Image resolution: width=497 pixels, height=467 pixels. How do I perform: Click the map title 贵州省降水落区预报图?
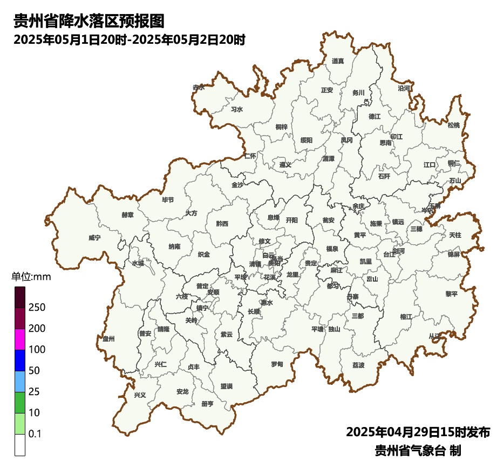[88, 22]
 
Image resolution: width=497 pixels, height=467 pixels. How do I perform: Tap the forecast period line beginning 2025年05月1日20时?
[130, 39]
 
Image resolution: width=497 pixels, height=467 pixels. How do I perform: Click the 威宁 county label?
[94, 237]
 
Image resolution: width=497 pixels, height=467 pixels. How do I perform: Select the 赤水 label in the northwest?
[199, 87]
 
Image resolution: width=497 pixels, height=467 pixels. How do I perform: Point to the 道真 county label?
[338, 61]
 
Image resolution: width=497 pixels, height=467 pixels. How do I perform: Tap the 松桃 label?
[454, 125]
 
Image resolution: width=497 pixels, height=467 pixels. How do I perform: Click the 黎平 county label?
[451, 293]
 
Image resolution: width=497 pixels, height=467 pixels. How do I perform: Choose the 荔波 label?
[358, 365]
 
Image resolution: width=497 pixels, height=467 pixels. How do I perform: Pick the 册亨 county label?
[207, 403]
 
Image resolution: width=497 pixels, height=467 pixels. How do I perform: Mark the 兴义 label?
[140, 395]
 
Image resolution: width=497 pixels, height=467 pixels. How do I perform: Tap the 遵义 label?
[285, 165]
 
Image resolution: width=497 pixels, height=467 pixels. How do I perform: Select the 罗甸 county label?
[277, 364]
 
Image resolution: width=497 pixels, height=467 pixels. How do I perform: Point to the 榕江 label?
[406, 316]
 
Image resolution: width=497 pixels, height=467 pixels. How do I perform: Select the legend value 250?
[37, 308]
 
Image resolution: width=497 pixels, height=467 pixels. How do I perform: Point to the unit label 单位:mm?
[31, 277]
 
